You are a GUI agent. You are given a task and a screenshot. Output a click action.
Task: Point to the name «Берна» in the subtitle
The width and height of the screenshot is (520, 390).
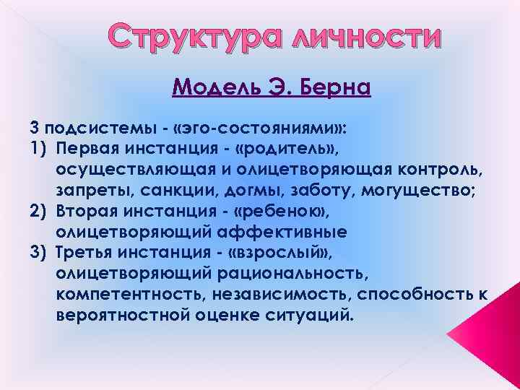coord(331,87)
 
